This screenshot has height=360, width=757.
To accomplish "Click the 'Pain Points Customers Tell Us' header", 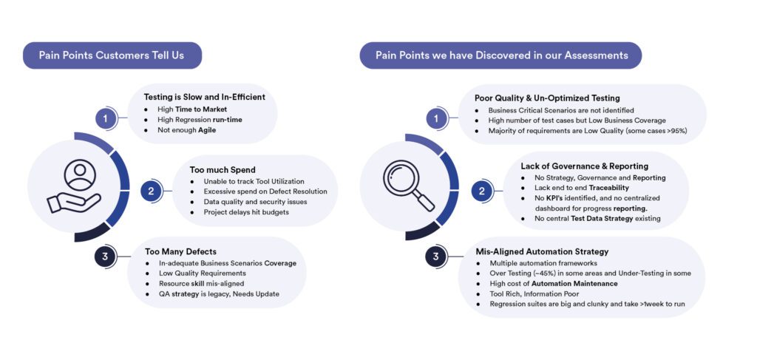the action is point(112,55).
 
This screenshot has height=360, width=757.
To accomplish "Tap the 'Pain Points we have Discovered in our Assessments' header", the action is point(501,55).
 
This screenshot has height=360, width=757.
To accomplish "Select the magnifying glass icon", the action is point(408,186).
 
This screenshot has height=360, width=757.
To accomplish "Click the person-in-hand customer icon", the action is point(75,186).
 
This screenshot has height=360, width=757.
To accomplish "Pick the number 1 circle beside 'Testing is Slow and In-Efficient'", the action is point(106,118).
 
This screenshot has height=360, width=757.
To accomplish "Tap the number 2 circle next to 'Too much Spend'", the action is point(151,191).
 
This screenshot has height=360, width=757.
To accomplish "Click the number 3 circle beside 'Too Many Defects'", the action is point(105,257).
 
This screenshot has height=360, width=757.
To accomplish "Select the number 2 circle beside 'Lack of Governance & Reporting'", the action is point(481,191).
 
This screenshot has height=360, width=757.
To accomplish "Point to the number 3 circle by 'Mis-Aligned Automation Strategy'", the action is point(435,257).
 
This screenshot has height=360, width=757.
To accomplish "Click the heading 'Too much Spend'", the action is point(223,170).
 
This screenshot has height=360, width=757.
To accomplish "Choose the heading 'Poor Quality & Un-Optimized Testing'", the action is point(547,98).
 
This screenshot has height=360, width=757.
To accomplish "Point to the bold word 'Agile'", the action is point(207,130).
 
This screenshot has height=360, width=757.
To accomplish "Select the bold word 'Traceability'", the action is point(609,188).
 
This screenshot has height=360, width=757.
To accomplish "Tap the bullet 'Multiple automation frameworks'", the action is point(543,263).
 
